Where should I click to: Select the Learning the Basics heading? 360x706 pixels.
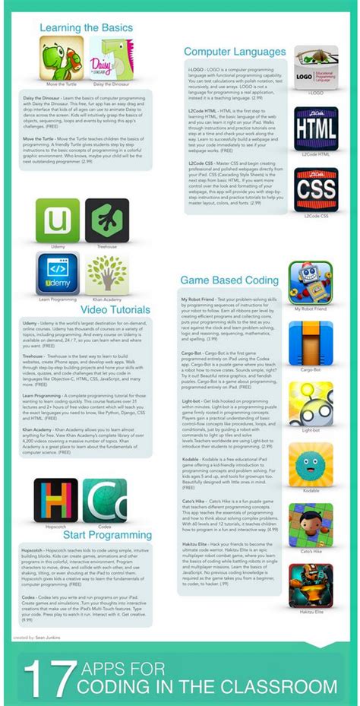pos(87,28)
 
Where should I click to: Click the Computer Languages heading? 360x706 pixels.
pos(235,52)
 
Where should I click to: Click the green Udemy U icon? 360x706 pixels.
pos(58,220)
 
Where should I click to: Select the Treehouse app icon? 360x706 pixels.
pos(106,220)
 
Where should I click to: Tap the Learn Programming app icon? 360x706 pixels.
pos(58,273)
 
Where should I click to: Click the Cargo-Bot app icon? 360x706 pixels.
pos(310,343)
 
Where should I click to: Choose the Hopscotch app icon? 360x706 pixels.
pos(55,501)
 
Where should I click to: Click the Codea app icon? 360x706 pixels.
pos(106,501)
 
